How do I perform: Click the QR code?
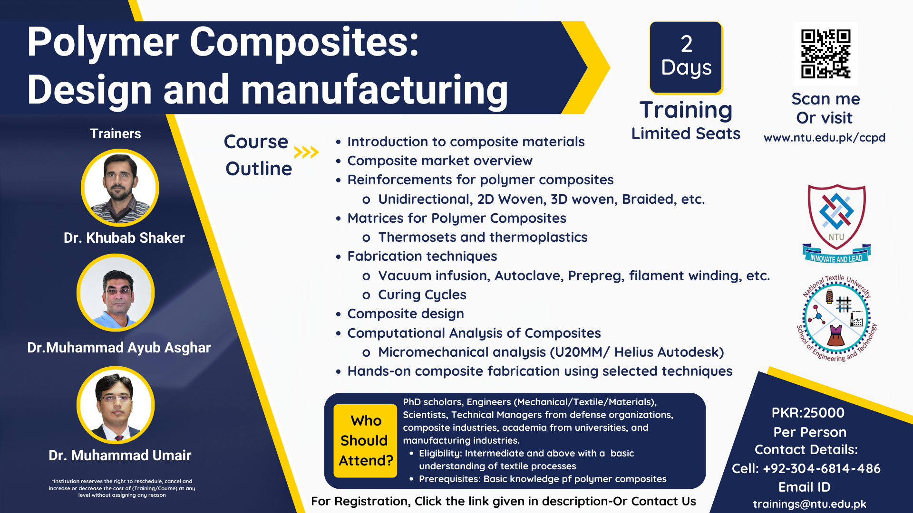click(x=826, y=54)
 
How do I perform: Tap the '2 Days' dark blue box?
click(x=686, y=57)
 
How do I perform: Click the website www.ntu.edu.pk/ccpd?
click(x=824, y=138)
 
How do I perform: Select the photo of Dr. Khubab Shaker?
click(x=120, y=188)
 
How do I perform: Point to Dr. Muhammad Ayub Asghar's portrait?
click(x=116, y=293)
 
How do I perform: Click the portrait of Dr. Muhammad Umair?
click(x=116, y=405)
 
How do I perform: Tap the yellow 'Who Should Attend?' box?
click(x=365, y=440)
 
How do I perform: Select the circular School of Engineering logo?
click(x=836, y=318)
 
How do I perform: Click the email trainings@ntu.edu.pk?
click(x=809, y=504)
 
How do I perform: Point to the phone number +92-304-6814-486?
click(x=821, y=469)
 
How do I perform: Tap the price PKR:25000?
click(x=808, y=413)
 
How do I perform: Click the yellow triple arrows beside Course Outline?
click(x=306, y=152)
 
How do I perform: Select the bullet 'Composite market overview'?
click(x=440, y=161)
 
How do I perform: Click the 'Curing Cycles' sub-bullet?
click(x=422, y=295)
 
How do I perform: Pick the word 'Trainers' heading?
click(x=116, y=134)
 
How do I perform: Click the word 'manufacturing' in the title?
click(x=375, y=90)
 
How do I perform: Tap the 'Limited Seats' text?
click(x=686, y=134)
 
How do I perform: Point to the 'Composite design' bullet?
click(x=406, y=314)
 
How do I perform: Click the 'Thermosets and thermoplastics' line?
click(x=483, y=237)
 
